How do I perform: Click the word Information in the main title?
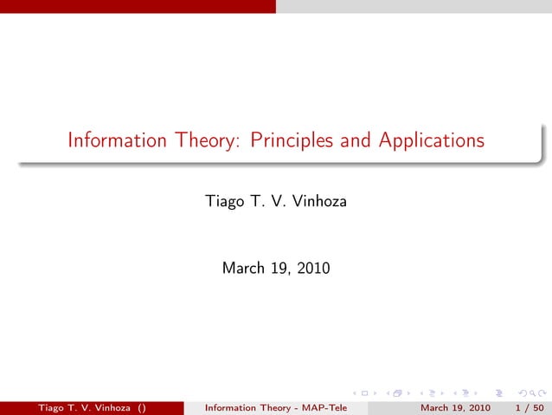pos(116,140)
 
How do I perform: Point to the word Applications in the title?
pos(431,140)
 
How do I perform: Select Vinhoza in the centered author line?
pos(317,203)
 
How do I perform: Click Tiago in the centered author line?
pos(224,203)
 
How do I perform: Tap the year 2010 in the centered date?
pos(311,269)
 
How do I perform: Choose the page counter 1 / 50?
pos(529,408)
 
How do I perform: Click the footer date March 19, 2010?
pos(455,408)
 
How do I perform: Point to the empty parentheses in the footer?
pos(140,408)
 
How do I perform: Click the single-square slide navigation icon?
pos(364,393)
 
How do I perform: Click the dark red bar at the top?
pos(138,6)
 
